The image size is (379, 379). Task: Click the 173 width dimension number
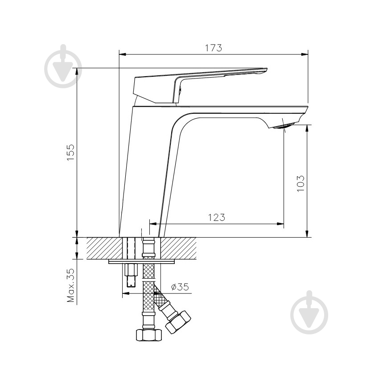213,48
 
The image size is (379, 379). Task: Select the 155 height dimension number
70,152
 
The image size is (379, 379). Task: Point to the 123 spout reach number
217,217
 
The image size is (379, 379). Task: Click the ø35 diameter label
180,287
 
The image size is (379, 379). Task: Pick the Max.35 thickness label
70,286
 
